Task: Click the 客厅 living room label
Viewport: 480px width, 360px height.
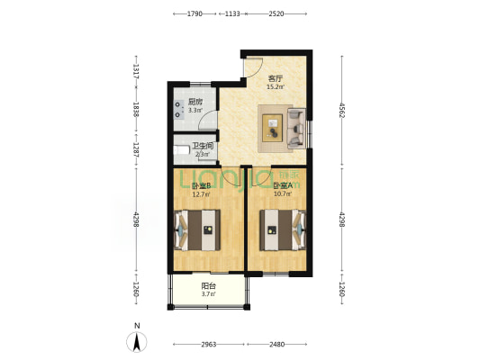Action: tap(276, 78)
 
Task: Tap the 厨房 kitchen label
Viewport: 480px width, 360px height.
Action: tap(195, 102)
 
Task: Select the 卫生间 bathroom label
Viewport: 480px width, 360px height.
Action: tap(203, 146)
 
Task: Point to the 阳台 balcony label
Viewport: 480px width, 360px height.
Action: tap(208, 286)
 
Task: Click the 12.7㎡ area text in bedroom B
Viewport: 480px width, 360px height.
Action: tap(201, 193)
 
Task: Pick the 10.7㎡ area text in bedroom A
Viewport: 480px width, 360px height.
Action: tap(283, 193)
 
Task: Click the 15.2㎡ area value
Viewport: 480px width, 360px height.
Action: tap(276, 87)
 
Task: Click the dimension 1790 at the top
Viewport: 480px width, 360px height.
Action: tap(195, 13)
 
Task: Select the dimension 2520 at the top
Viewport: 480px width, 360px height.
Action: tap(276, 13)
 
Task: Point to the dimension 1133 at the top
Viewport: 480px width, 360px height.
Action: tap(232, 13)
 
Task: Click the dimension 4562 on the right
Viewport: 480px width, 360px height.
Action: tap(342, 111)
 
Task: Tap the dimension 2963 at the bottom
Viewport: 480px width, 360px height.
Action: tap(209, 345)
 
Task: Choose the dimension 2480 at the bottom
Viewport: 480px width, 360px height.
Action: tap(277, 345)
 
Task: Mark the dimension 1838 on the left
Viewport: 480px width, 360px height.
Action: tap(136, 109)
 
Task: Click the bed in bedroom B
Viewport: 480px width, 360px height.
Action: tap(197, 230)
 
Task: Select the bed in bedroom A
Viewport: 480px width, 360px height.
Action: tap(283, 229)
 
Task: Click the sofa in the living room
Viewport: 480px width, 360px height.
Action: tap(296, 129)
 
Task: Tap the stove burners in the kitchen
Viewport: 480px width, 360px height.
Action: tap(177, 110)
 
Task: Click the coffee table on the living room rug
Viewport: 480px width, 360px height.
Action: tap(273, 128)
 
